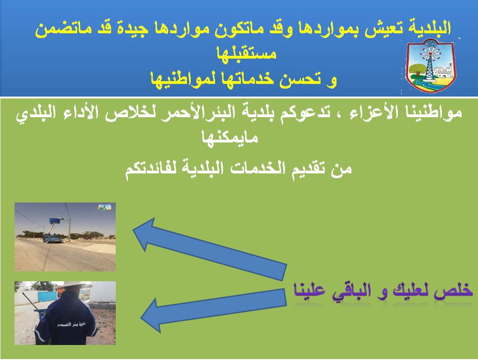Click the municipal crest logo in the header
click(x=431, y=66)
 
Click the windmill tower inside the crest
click(x=429, y=62)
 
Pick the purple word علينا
click(x=309, y=291)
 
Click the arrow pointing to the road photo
click(x=210, y=248)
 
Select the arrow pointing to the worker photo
click(x=213, y=309)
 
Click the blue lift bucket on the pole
click(x=55, y=220)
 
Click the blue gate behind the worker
click(x=47, y=295)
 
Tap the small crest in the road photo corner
click(x=104, y=207)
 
